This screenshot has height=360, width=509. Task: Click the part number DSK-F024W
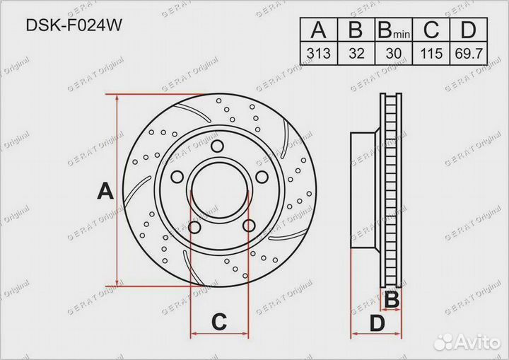[74, 25]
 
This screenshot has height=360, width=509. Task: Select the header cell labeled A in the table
[319, 30]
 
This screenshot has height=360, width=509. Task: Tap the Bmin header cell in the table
[394, 30]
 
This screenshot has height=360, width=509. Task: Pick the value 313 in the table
[319, 53]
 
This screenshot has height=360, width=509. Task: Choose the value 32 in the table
[356, 53]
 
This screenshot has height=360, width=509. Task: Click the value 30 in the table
[394, 53]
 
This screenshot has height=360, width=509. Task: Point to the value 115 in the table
[431, 53]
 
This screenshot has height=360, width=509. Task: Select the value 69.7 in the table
[469, 53]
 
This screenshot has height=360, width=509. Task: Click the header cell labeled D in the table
[469, 30]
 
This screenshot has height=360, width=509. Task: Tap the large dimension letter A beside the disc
[105, 191]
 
